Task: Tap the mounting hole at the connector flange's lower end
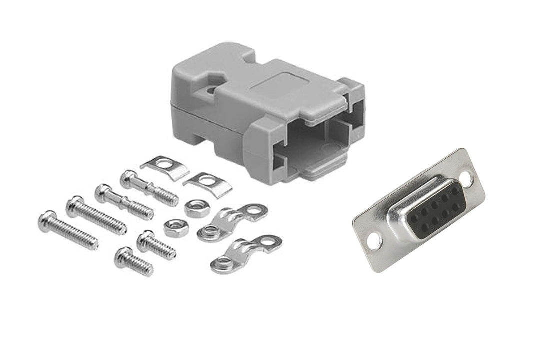373,242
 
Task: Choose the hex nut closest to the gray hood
197,207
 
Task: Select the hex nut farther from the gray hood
176,227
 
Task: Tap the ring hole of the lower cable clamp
270,244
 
